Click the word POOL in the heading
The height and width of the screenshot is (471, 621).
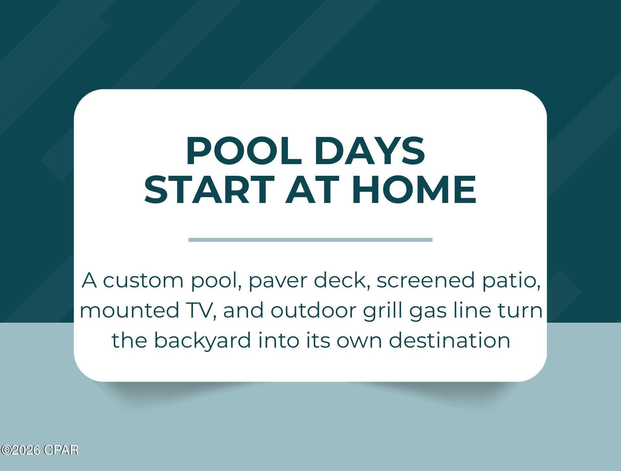(244, 151)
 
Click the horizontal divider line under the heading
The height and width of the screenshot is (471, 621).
(310, 240)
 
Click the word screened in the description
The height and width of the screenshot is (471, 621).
(424, 280)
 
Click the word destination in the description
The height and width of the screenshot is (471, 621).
(449, 341)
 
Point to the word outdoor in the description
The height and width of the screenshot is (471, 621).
(313, 310)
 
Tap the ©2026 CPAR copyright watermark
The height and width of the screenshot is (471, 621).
(39, 450)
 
